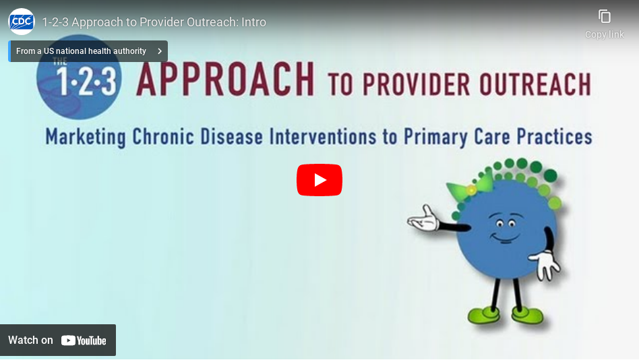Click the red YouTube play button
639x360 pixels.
[319, 180]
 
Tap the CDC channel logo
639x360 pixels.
[21, 22]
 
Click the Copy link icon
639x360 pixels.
[605, 17]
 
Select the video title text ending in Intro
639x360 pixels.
[154, 22]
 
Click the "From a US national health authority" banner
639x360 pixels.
[88, 51]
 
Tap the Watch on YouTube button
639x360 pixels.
[58, 340]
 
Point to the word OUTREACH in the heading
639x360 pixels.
[535, 84]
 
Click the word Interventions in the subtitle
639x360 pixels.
[322, 137]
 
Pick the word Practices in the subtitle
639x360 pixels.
[554, 137]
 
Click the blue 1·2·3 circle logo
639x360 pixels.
[79, 78]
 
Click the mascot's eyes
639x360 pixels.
[506, 223]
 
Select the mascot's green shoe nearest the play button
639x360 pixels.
[484, 315]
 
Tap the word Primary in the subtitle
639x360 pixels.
[435, 137]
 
